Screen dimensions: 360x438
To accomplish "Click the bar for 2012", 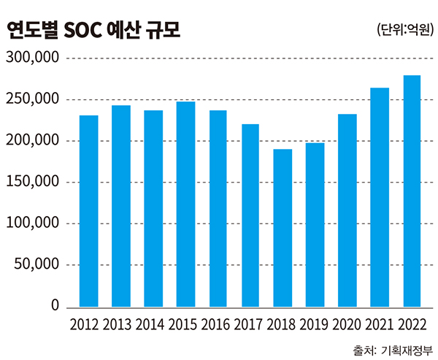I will point(88,211).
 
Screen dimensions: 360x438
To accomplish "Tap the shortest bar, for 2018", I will point(283,228).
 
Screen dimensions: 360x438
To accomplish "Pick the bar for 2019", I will point(315,225).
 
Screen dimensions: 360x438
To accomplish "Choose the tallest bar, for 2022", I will point(412,191).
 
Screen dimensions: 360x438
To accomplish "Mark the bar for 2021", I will point(380,197).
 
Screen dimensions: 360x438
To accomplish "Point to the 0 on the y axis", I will point(53,307).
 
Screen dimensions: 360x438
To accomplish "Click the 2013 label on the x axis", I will point(120,324).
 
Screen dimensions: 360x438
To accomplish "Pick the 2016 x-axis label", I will point(218,324).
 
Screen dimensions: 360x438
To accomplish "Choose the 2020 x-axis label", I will point(347,324).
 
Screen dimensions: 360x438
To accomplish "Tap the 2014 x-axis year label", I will point(153,324).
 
